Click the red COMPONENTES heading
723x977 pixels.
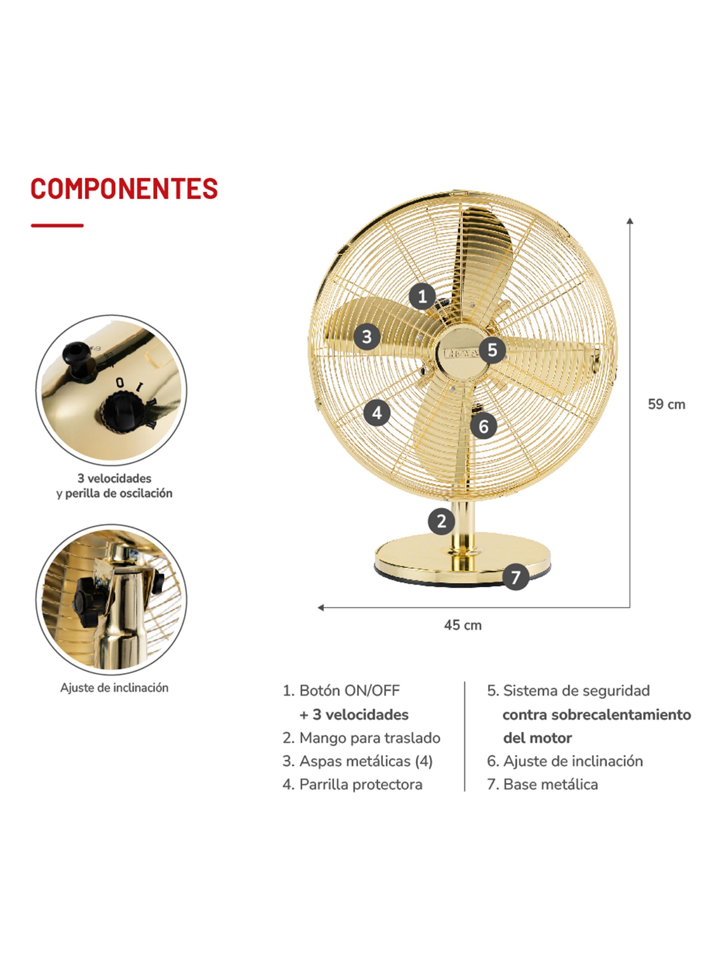124,189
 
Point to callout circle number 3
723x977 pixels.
367,337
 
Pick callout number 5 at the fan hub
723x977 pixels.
492,350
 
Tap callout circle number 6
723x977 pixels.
484,426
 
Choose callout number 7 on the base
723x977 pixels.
515,578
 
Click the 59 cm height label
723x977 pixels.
666,404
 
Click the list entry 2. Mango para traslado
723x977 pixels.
362,738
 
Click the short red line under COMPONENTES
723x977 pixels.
57,226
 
